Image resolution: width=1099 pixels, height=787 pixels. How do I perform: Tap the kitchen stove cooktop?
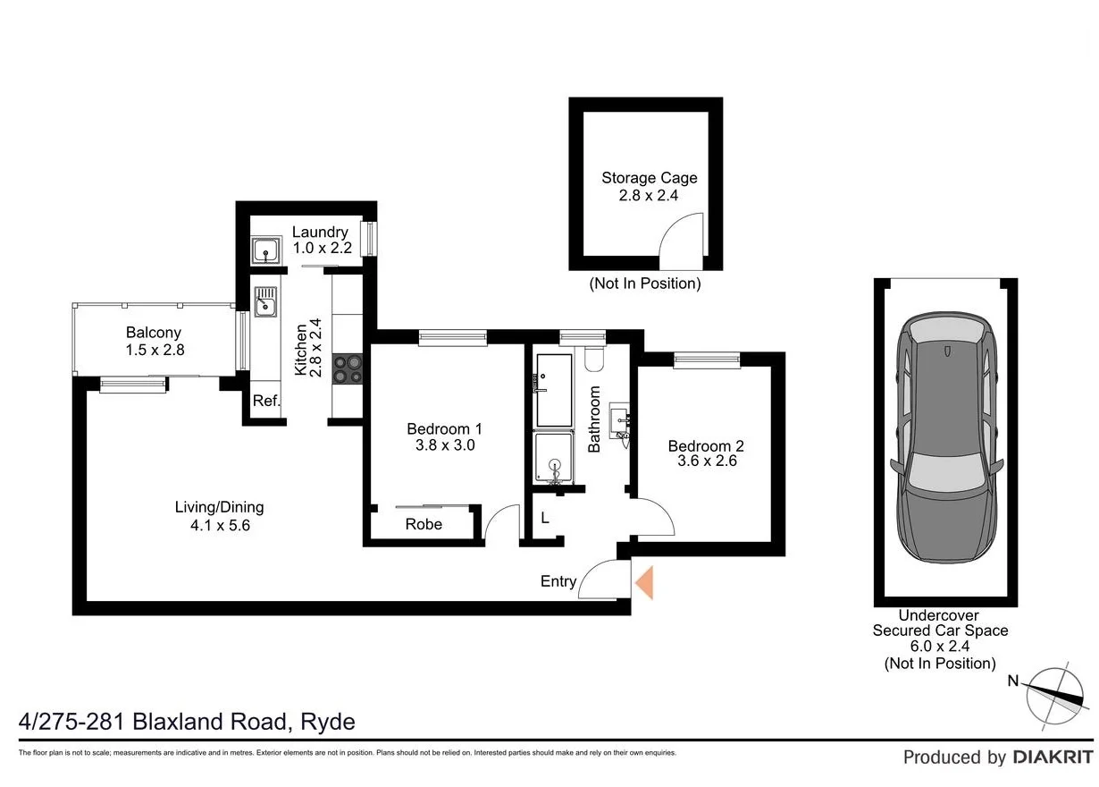(347, 369)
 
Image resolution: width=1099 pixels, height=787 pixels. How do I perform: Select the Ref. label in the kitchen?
(265, 402)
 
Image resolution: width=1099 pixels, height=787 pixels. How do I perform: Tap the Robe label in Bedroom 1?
(424, 524)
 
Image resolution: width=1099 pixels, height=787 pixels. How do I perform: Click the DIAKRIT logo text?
(1053, 757)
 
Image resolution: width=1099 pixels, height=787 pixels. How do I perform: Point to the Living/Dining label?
(219, 507)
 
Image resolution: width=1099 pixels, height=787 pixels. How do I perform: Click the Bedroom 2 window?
(707, 360)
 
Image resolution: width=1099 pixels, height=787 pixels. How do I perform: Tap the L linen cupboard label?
(543, 518)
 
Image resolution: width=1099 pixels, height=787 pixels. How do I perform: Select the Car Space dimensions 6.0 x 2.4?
(939, 647)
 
